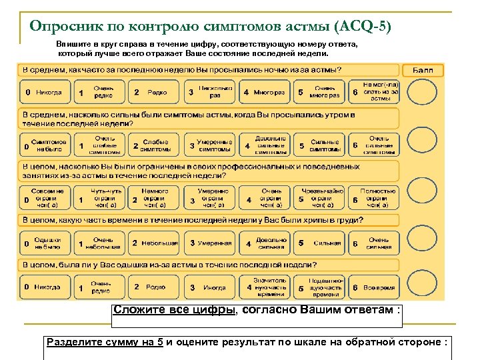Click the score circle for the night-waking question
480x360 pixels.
tap(422, 92)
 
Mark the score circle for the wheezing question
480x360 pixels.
tap(422, 243)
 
